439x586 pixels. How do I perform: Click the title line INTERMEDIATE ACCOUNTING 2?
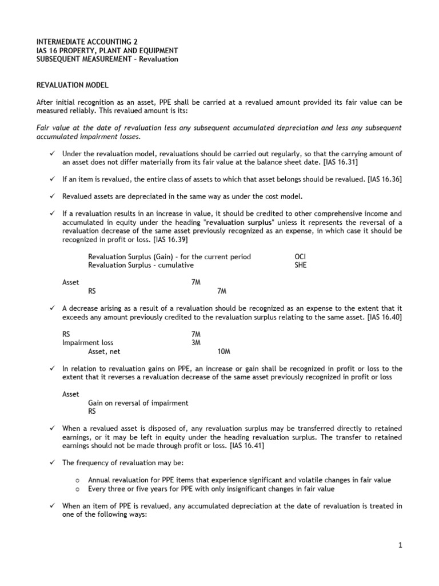[x=87, y=42]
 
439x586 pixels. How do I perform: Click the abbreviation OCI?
[x=300, y=257]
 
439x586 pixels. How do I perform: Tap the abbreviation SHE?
[x=300, y=266]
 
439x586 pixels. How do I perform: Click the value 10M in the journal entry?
[x=225, y=351]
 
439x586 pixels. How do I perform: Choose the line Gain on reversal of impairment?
[x=138, y=403]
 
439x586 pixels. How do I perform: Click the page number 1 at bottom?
[x=401, y=545]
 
